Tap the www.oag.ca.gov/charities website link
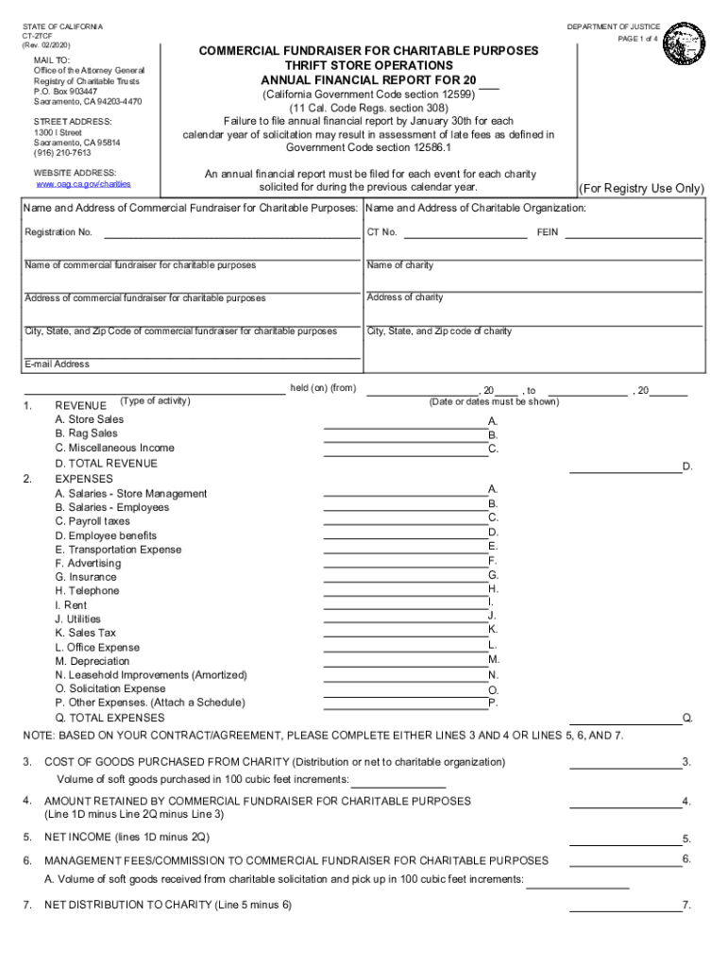82,184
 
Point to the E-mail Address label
57,365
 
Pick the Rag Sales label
87,433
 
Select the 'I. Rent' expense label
71,605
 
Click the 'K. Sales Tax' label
85,633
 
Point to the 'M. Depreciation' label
92,661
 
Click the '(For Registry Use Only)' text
641,189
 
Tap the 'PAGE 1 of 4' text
638,40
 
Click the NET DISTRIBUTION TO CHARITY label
168,905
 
